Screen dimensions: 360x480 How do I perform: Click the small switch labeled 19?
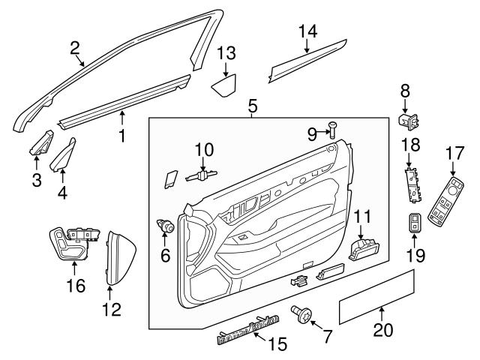point(415,224)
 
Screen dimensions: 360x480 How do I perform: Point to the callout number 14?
point(307,31)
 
